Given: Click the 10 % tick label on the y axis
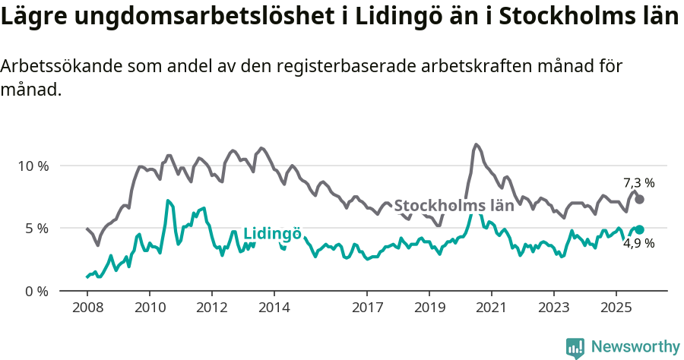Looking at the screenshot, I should (32, 166).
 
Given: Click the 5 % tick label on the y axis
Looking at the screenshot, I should (35, 229).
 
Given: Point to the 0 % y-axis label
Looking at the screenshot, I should (35, 291).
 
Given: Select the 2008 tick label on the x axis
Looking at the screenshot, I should (87, 310).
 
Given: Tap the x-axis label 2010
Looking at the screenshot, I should (149, 310).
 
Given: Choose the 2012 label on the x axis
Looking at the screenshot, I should (211, 310).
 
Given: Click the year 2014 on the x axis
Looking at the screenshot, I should (274, 310).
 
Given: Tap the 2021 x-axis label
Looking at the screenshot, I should (491, 310).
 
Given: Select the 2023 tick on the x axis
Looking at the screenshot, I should (553, 310).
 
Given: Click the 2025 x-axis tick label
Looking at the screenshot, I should (616, 310).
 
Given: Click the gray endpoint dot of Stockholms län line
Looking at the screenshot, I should (639, 199).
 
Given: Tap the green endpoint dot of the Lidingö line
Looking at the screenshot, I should (639, 229).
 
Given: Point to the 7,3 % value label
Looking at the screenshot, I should (638, 183).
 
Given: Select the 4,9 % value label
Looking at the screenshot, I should (638, 244).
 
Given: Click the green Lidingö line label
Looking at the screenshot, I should (272, 234).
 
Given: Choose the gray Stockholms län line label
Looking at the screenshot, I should (454, 205).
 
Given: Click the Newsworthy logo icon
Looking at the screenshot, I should (575, 348).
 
